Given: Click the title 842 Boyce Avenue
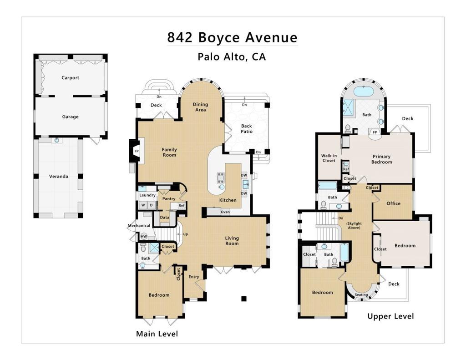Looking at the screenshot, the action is pos(232,38).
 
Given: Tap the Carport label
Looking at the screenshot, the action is pos(71,77).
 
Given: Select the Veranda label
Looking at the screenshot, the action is pos(59,176).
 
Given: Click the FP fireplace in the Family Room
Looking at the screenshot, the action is pos(137,151).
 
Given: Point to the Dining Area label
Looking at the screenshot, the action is pos(200,107).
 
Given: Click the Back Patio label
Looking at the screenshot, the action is pos(247,129).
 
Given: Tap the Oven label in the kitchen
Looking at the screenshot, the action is pos(225,212).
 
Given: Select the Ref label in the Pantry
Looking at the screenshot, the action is pos(181,205).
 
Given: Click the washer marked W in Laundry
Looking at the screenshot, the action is pos(143,205).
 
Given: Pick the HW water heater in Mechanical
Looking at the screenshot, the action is pos(144,236).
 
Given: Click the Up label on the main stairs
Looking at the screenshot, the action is pos(186,234).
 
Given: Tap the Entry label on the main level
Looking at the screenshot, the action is pos(194,277).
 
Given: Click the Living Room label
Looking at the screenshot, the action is pos(232,241).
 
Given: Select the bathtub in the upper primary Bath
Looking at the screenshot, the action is pos(364,91).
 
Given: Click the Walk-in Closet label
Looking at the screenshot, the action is pos(329,158).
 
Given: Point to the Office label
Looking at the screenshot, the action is pos(394,203).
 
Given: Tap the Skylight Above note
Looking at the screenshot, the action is pos(354,225).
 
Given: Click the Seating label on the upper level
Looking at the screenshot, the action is pos(361,294).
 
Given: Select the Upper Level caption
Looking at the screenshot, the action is pos(390,316).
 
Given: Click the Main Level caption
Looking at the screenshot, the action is pos(157,334).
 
